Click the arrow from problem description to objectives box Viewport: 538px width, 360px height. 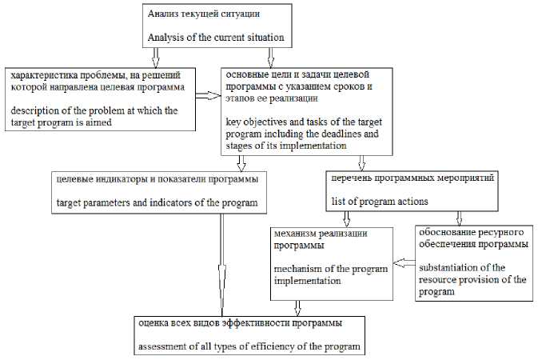(208, 95)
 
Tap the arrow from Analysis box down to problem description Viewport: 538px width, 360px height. (156, 56)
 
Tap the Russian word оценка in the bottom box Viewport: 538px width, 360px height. (155, 324)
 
